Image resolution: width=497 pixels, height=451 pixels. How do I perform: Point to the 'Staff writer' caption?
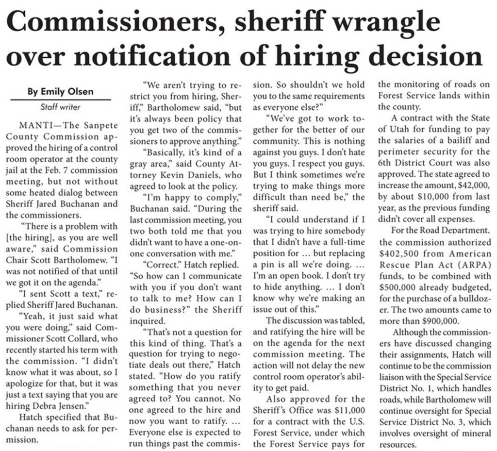tap(60, 107)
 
